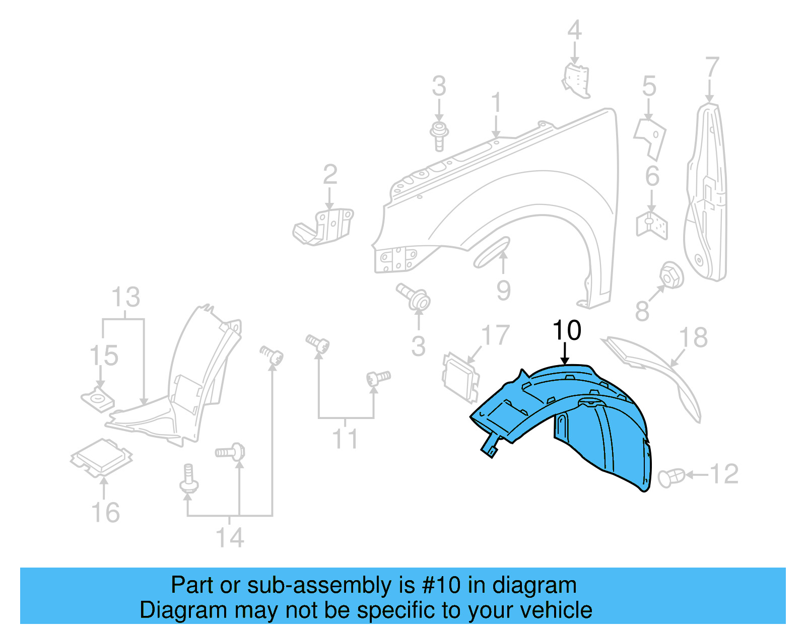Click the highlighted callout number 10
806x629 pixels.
[567, 331]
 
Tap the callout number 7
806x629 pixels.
[712, 67]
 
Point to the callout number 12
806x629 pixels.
[724, 474]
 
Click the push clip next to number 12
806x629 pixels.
[671, 476]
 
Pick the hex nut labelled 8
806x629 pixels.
[671, 275]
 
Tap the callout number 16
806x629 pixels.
[105, 512]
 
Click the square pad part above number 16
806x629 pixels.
[102, 457]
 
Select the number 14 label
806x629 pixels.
[230, 537]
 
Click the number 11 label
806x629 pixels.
[345, 439]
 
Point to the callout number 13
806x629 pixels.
[125, 297]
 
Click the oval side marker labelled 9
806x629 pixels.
[492, 252]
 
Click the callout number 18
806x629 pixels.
[693, 337]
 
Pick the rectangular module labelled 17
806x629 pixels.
[460, 378]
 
